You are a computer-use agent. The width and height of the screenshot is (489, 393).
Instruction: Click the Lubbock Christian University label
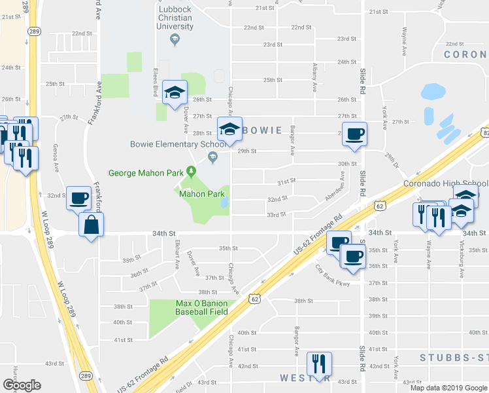tap(175, 18)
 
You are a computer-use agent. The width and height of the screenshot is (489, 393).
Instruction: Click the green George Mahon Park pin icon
tap(191, 172)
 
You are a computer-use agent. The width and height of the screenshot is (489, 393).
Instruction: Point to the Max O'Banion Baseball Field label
tap(201, 307)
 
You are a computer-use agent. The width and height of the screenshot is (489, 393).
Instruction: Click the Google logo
tap(21, 385)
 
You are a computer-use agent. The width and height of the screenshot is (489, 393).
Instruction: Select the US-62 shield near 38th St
tap(254, 299)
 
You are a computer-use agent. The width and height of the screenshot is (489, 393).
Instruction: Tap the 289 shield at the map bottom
tap(86, 375)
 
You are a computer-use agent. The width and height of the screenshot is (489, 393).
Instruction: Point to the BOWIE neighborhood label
tap(264, 131)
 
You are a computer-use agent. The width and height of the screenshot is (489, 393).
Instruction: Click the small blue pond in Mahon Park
tap(224, 203)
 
